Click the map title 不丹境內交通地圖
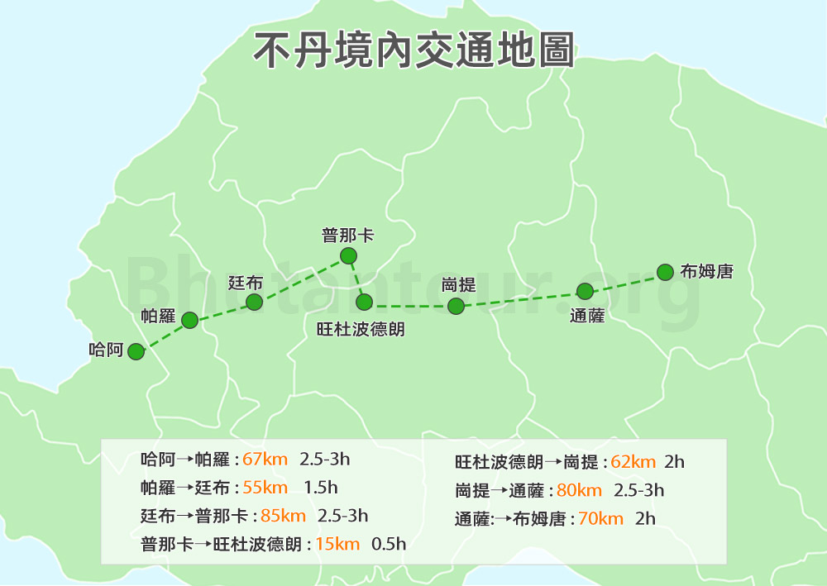click(413, 50)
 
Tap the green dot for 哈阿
click(136, 352)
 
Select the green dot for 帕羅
click(189, 320)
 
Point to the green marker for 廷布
click(255, 302)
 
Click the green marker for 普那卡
click(348, 255)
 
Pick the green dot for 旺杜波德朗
click(364, 302)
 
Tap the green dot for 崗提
click(456, 306)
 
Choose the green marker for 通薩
click(585, 291)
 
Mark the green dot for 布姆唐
click(665, 272)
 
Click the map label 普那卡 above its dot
click(348, 236)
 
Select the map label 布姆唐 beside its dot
click(706, 271)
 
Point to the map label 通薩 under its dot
click(587, 315)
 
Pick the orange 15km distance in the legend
click(338, 544)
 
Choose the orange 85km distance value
click(283, 516)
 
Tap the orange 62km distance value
click(633, 462)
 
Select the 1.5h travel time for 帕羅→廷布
click(321, 488)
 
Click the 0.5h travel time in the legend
click(389, 544)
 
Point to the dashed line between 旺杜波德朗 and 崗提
click(410, 307)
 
